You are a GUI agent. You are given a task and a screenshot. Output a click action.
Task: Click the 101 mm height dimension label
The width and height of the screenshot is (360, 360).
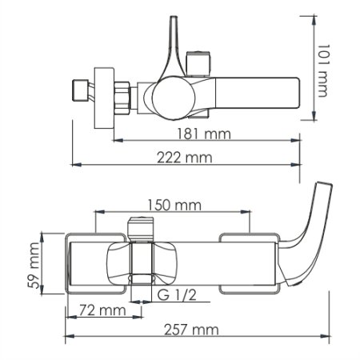(323, 70)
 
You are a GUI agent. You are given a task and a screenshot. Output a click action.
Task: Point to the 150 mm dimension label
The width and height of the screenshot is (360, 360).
(174, 205)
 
